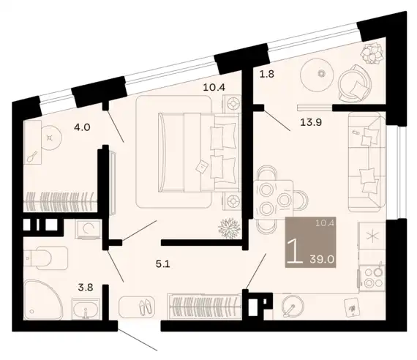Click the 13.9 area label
(x=311, y=122)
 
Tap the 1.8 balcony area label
(x=267, y=74)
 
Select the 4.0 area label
(x=82, y=127)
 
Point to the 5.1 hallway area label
(x=162, y=264)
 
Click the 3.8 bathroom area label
(x=86, y=288)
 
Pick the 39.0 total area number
(x=322, y=259)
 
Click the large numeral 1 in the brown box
(x=296, y=251)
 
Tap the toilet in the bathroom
(x=45, y=258)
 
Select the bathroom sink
(x=86, y=310)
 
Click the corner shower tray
(x=42, y=300)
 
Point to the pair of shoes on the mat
(x=145, y=307)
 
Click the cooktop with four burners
(x=372, y=278)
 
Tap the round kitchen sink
(x=293, y=306)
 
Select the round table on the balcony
(x=317, y=74)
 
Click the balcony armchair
(x=355, y=83)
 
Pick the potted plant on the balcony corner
(x=372, y=54)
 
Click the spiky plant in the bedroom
(x=229, y=228)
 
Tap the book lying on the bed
(x=200, y=167)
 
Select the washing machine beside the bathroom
(x=89, y=229)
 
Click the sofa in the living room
(x=367, y=162)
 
